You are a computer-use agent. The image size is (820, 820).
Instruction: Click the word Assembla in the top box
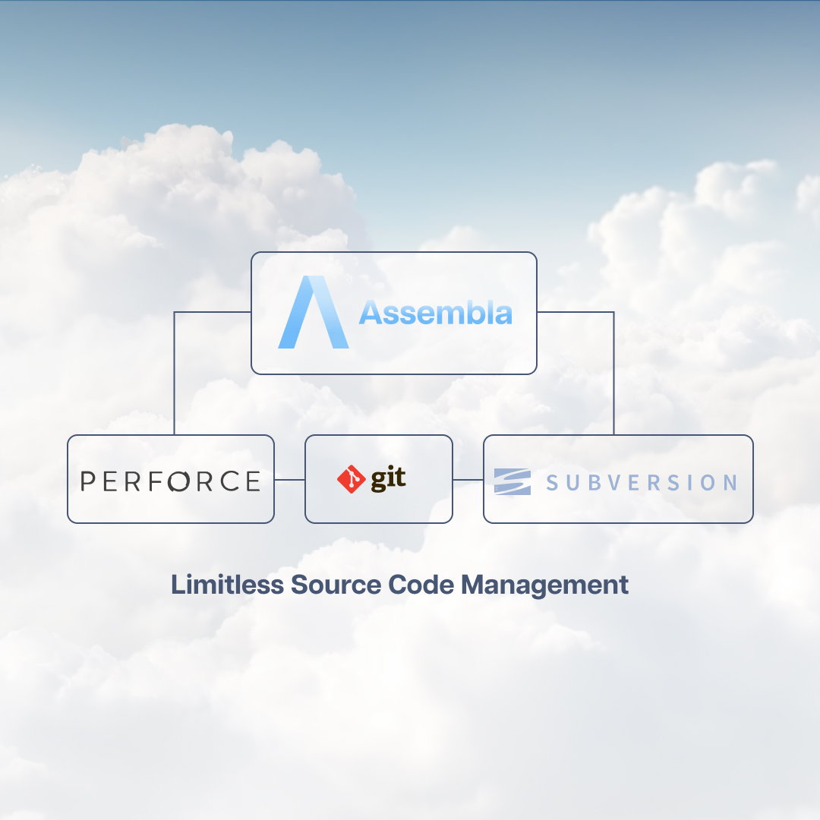click(436, 313)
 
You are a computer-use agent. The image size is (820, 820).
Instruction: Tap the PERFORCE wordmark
click(170, 481)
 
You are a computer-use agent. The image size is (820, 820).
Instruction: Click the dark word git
click(388, 479)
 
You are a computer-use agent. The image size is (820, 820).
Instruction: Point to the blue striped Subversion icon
click(512, 481)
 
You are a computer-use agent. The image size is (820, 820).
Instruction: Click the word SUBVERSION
click(641, 482)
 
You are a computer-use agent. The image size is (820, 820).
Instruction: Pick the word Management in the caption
click(544, 585)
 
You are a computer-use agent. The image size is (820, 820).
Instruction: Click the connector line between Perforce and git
click(289, 480)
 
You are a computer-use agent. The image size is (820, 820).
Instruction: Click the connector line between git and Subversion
click(468, 480)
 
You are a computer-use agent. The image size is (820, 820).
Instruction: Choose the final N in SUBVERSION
click(729, 482)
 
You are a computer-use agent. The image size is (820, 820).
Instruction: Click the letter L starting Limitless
click(177, 585)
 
